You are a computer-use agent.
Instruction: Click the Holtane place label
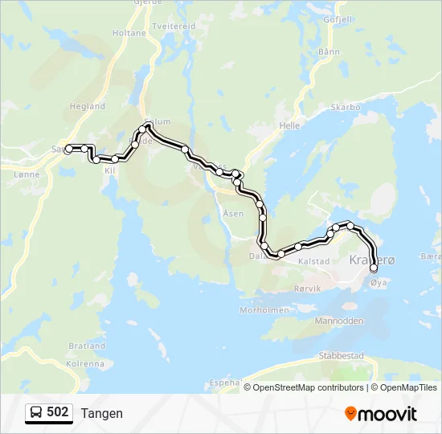(x=130, y=33)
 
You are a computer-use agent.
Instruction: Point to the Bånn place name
(x=329, y=51)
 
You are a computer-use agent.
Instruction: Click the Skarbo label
(x=346, y=107)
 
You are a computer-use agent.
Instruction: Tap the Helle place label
(x=289, y=126)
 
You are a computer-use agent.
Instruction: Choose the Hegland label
(x=88, y=106)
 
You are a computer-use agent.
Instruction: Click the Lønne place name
(x=27, y=173)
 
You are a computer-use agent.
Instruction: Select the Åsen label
(x=233, y=214)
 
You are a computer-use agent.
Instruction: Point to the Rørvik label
(x=307, y=288)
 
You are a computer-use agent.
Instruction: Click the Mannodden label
(x=339, y=321)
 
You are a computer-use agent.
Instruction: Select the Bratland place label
(x=87, y=346)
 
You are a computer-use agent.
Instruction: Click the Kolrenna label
(x=84, y=363)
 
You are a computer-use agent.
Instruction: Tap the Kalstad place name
(x=314, y=261)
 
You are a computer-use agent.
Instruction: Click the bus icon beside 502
(x=36, y=413)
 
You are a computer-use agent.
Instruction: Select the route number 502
(x=58, y=412)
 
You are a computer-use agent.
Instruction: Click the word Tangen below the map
(x=102, y=413)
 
